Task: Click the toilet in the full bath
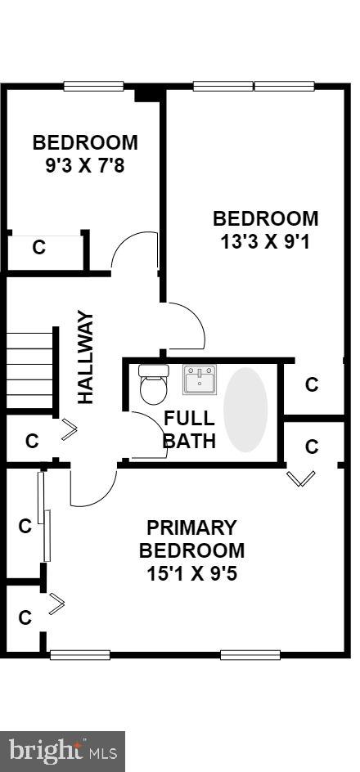pos(153,384)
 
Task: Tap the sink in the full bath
pos(199,379)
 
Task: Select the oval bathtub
pos(245,410)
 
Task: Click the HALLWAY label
pos(85,357)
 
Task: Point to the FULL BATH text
pos(189,429)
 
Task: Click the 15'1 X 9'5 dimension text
pos(191,573)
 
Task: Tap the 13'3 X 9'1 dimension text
pos(265,242)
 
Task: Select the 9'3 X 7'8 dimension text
pos(85,165)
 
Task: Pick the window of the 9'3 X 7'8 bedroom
pos(93,86)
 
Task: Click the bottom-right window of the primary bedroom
pos(250,654)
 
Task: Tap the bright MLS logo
pos(62,752)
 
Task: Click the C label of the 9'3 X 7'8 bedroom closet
pos(39,248)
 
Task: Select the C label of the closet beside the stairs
pos(32,441)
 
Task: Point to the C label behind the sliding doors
pos(25,527)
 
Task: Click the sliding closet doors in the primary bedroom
pos(44,517)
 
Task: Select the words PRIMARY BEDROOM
pos(191,539)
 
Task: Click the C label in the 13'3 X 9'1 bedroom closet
pos(312,384)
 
